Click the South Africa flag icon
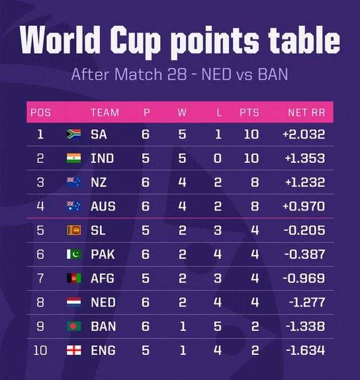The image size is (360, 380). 73,134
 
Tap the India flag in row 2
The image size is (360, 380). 73,158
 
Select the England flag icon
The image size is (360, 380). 74,350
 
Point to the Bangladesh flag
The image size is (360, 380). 74,326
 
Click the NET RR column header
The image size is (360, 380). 306,113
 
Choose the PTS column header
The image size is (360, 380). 249,113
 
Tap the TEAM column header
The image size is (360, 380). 105,113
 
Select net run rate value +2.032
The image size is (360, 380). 304,134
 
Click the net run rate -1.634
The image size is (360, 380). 306,350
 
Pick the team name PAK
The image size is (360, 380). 103,254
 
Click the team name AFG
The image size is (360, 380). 102,278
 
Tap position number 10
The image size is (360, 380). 40,350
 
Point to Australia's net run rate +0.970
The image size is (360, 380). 304,207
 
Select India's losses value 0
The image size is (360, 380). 218,158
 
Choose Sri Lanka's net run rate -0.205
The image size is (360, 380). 304,230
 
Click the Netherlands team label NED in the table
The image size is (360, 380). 103,302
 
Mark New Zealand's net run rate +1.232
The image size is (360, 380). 305,182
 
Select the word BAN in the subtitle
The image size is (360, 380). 273,74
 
